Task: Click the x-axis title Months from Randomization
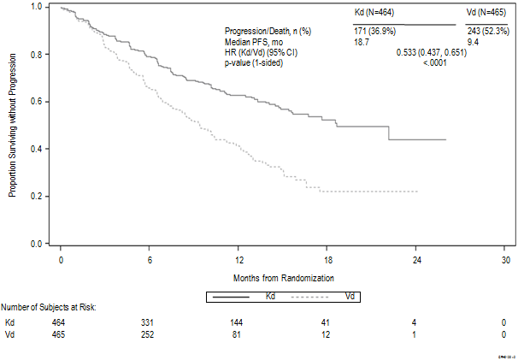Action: (x=283, y=278)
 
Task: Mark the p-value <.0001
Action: (x=436, y=62)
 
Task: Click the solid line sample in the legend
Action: (x=230, y=297)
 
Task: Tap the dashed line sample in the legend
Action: (x=315, y=297)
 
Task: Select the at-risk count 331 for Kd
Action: (x=150, y=322)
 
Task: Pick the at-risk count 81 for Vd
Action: (x=238, y=333)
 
